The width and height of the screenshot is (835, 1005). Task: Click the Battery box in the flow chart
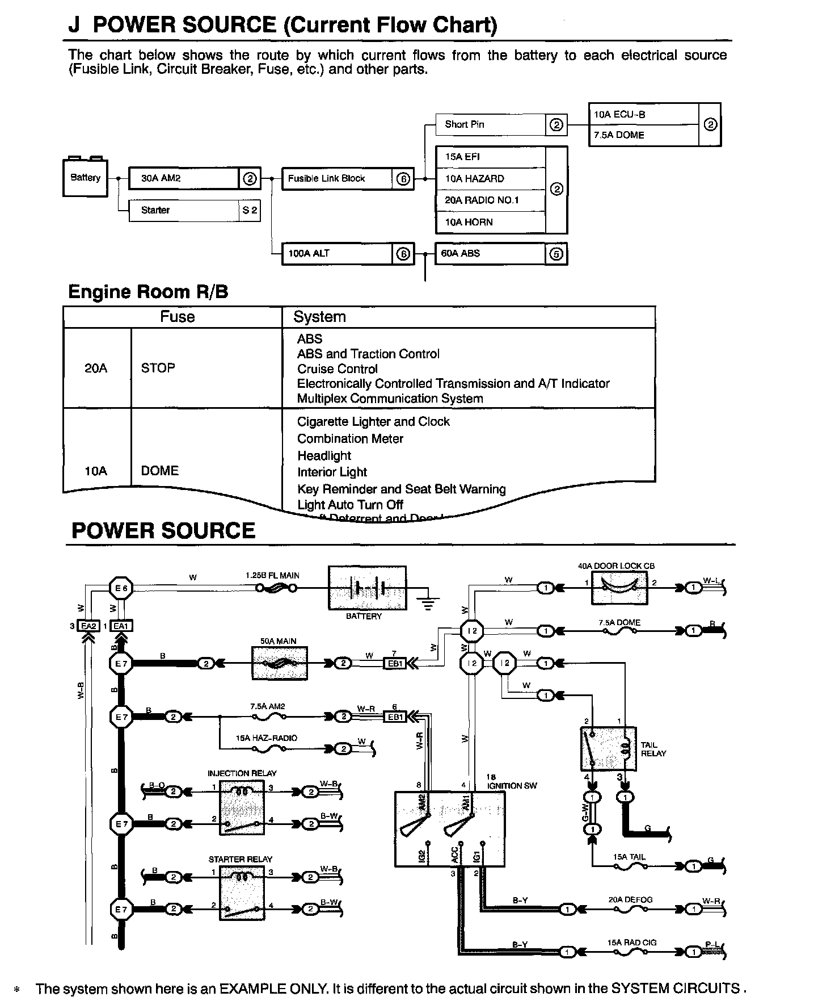click(x=85, y=178)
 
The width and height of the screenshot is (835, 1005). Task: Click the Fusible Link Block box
click(x=337, y=178)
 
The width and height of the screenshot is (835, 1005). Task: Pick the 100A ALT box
click(x=337, y=254)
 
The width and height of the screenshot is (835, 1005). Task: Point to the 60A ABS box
click(x=490, y=254)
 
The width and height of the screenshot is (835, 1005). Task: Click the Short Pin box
click(x=490, y=124)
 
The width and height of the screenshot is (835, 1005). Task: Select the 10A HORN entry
click(x=490, y=222)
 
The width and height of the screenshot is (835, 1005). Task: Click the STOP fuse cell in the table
click(x=158, y=368)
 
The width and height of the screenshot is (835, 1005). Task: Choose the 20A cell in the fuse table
click(x=96, y=368)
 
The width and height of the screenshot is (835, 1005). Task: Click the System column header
click(x=319, y=317)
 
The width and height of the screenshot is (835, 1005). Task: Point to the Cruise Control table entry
click(x=337, y=368)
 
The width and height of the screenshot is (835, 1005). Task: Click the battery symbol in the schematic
click(x=367, y=588)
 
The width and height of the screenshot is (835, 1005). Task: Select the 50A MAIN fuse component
click(x=279, y=663)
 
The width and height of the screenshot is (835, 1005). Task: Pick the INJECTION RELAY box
click(x=242, y=807)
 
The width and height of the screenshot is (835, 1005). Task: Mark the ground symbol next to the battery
click(x=428, y=602)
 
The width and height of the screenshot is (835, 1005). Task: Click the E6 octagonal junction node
click(x=121, y=588)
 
